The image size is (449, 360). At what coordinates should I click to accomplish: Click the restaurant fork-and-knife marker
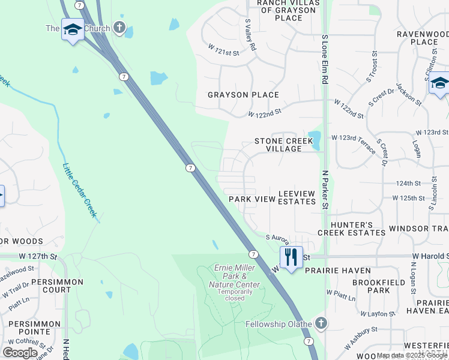coord(291,257)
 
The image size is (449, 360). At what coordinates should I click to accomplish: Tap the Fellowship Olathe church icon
coord(321,323)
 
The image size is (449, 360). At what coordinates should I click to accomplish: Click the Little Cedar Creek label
coord(80,189)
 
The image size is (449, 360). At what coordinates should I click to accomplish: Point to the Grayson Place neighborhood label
coord(243,95)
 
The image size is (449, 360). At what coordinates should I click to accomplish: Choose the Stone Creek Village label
coord(284,145)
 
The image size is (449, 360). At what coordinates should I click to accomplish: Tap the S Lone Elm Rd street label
coord(325,58)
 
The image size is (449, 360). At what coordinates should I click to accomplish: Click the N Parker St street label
coord(325,190)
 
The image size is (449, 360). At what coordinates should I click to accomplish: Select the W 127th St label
coord(37,256)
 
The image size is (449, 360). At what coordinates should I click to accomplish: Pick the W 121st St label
coord(224,49)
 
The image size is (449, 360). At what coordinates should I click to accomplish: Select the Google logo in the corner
coord(20,353)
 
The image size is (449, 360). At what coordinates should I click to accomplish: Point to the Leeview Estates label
coord(297,197)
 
